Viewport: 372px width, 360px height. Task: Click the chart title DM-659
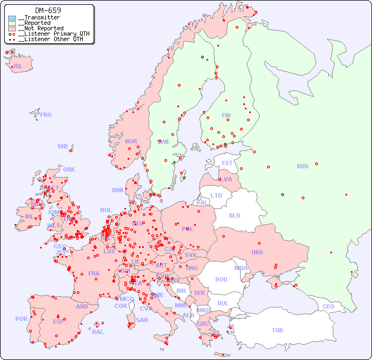point(48,10)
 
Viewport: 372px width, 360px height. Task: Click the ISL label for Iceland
point(18,67)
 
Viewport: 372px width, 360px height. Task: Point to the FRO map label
point(46,115)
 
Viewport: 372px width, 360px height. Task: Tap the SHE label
point(63,146)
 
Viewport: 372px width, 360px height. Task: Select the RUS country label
point(302,166)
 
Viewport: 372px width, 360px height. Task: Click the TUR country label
point(277,330)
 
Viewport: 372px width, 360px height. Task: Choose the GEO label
point(328,306)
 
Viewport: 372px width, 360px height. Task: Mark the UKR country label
point(257,252)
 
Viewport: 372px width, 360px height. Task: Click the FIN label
point(226,115)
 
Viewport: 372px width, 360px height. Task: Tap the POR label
point(21,319)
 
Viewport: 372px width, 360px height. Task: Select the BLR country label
point(235,215)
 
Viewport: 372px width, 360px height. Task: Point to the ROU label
point(221,279)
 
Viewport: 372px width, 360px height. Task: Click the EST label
point(227,163)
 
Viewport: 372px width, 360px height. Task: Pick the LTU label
point(216,195)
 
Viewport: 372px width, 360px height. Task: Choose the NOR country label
point(131,141)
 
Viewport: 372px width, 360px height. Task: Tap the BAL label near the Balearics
point(98,332)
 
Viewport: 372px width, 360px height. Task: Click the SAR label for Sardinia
point(142,320)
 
